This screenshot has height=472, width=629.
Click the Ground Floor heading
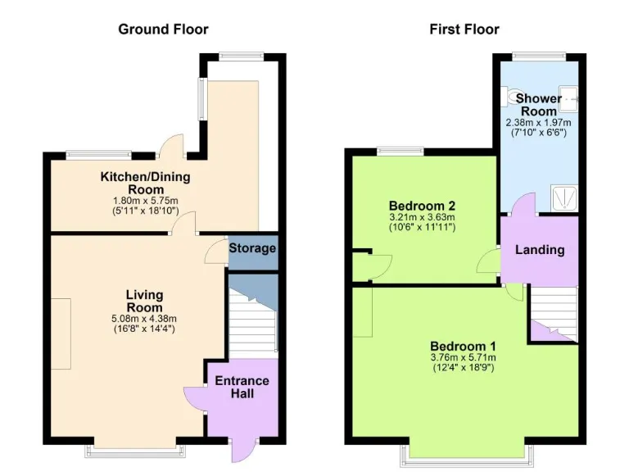click(163, 29)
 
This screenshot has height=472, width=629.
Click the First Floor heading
click(464, 29)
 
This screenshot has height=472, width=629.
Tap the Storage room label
click(252, 248)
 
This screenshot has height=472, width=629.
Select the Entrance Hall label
click(242, 387)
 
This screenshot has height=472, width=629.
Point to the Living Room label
click(144, 301)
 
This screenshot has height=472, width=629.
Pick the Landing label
click(539, 249)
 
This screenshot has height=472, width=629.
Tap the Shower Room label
click(538, 105)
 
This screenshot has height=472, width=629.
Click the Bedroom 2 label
click(422, 205)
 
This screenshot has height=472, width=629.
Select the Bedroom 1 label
click(463, 345)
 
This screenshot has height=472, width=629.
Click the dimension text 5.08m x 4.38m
click(144, 319)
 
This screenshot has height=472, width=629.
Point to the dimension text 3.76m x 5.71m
click(463, 357)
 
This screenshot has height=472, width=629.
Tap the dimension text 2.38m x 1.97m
click(538, 122)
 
